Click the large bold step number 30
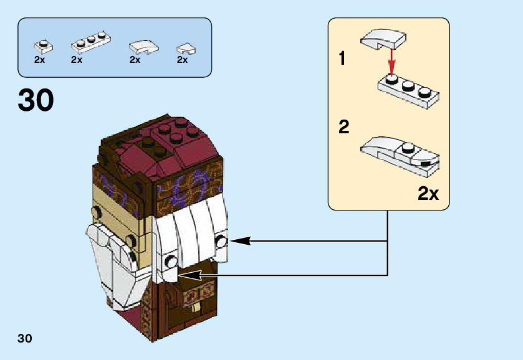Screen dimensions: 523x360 pyautogui.click(x=36, y=100)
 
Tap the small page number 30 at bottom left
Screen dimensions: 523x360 pyautogui.click(x=25, y=338)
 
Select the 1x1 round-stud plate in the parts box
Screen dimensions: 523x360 pyautogui.click(x=43, y=47)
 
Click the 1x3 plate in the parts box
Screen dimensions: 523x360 pyautogui.click(x=91, y=43)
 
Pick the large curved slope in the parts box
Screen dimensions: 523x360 pyautogui.click(x=144, y=47)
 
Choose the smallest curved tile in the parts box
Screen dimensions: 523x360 pyautogui.click(x=186, y=49)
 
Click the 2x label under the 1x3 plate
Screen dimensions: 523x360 pyautogui.click(x=77, y=60)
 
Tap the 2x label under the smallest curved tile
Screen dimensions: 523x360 pyautogui.click(x=182, y=60)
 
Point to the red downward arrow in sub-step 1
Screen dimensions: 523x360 pyautogui.click(x=391, y=62)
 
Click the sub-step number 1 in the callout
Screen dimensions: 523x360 pyautogui.click(x=342, y=59)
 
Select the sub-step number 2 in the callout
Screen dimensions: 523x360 pyautogui.click(x=344, y=126)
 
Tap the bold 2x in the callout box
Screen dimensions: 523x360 pyautogui.click(x=428, y=193)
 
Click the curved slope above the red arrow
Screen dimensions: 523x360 pyautogui.click(x=383, y=39)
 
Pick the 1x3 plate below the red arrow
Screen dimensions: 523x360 pyautogui.click(x=408, y=91)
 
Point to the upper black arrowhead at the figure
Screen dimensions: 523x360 pyautogui.click(x=240, y=240)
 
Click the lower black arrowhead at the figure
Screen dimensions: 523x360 pyautogui.click(x=190, y=275)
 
